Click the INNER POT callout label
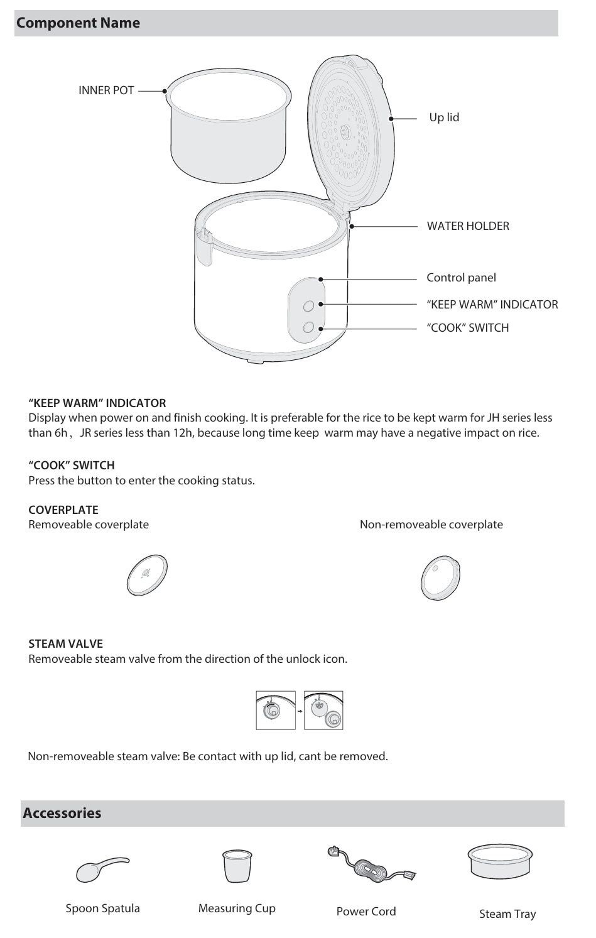coord(106,90)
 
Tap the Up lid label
coord(444,117)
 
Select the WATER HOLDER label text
coord(468,226)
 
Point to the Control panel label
coord(461,278)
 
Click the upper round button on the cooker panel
coord(308,306)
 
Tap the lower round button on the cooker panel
coord(308,327)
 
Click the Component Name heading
coord(78,23)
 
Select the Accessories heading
coord(62,813)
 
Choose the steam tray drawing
coord(500,861)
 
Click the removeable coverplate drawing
coord(147,575)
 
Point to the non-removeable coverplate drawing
coord(440,578)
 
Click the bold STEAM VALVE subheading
coord(65,644)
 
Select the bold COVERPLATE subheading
coord(63,510)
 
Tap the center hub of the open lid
coord(345,131)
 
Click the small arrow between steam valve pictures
coord(300,711)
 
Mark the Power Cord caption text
coord(366,912)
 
